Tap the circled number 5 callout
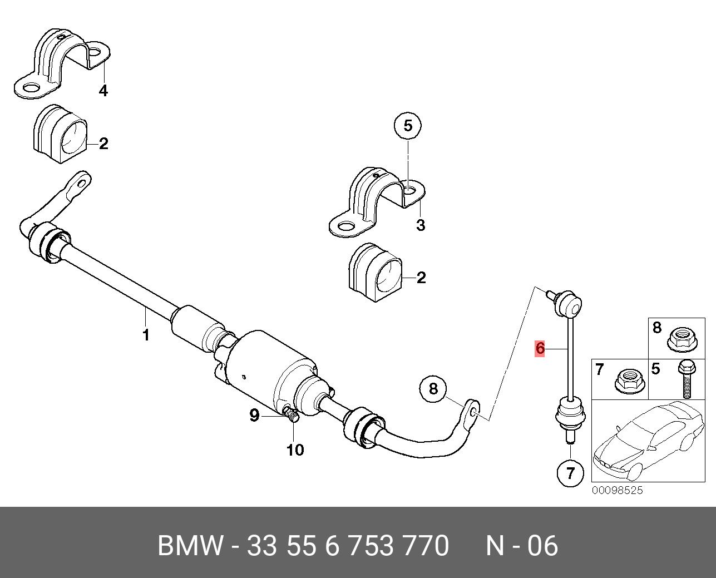(x=408, y=126)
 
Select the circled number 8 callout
(x=433, y=389)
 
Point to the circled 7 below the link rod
(x=570, y=473)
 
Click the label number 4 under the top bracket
(x=103, y=91)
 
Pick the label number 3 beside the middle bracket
(x=421, y=225)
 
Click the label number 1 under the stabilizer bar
(x=146, y=335)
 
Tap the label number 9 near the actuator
(x=254, y=416)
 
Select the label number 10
(x=295, y=449)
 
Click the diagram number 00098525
(x=617, y=490)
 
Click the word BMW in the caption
(x=190, y=546)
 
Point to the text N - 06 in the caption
(x=522, y=546)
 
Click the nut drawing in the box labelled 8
(x=682, y=340)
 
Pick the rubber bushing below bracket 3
(x=376, y=273)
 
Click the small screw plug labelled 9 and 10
(x=291, y=413)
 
